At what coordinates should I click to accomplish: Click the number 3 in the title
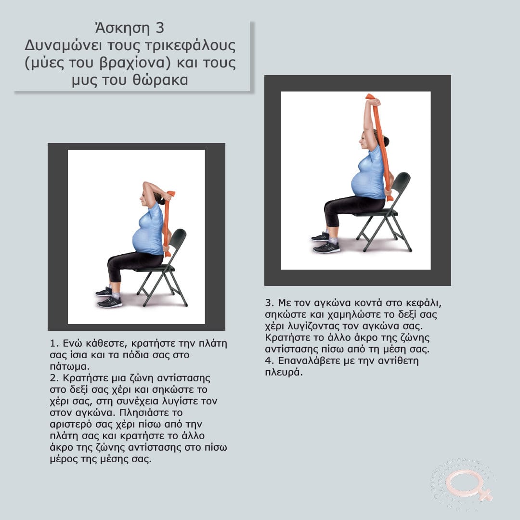[159, 28]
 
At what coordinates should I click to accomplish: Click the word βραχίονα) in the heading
[135, 63]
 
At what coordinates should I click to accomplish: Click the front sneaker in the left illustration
[110, 302]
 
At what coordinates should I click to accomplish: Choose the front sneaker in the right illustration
[326, 247]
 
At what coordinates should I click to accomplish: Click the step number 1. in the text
[54, 343]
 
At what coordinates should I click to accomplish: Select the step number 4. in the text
[270, 361]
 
